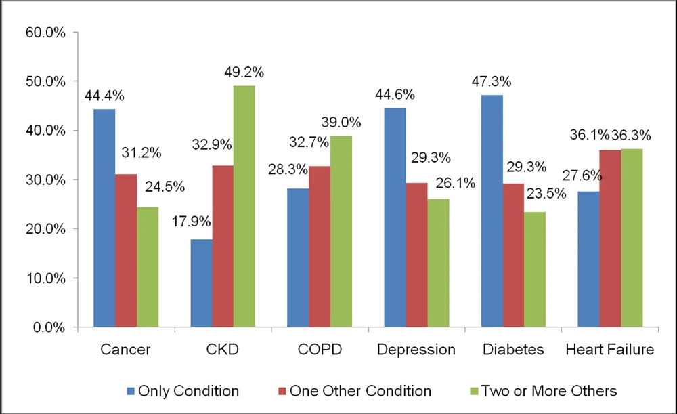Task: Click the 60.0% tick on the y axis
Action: [45, 32]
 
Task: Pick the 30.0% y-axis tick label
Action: [45, 180]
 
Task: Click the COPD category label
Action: [319, 350]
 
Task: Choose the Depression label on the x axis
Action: [416, 350]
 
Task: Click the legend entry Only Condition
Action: [188, 391]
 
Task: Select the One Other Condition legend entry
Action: [360, 391]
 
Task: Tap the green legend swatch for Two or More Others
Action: [473, 391]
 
